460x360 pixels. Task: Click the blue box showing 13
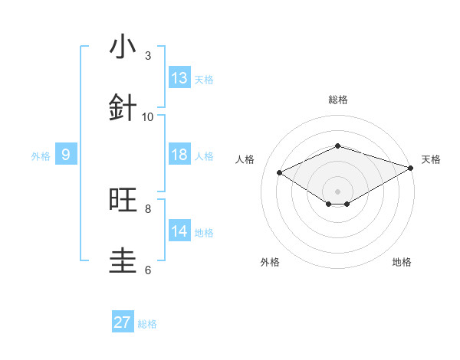[179, 78]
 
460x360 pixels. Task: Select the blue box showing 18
[179, 155]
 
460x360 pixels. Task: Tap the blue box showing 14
[179, 231]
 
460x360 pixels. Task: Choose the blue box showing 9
[66, 155]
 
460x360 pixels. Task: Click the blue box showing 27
[123, 322]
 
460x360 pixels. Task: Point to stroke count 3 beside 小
[148, 56]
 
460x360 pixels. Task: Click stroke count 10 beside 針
[148, 116]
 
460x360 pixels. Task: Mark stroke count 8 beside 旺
[148, 208]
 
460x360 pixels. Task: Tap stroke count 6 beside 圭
[148, 270]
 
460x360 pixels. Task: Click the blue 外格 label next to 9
[41, 156]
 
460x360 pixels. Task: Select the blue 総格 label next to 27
[147, 324]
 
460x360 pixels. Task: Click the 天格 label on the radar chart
[431, 159]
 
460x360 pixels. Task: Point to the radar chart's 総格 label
[337, 100]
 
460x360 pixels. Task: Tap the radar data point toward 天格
[411, 169]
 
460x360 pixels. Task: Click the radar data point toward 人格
[280, 173]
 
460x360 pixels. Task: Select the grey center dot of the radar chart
[337, 190]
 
